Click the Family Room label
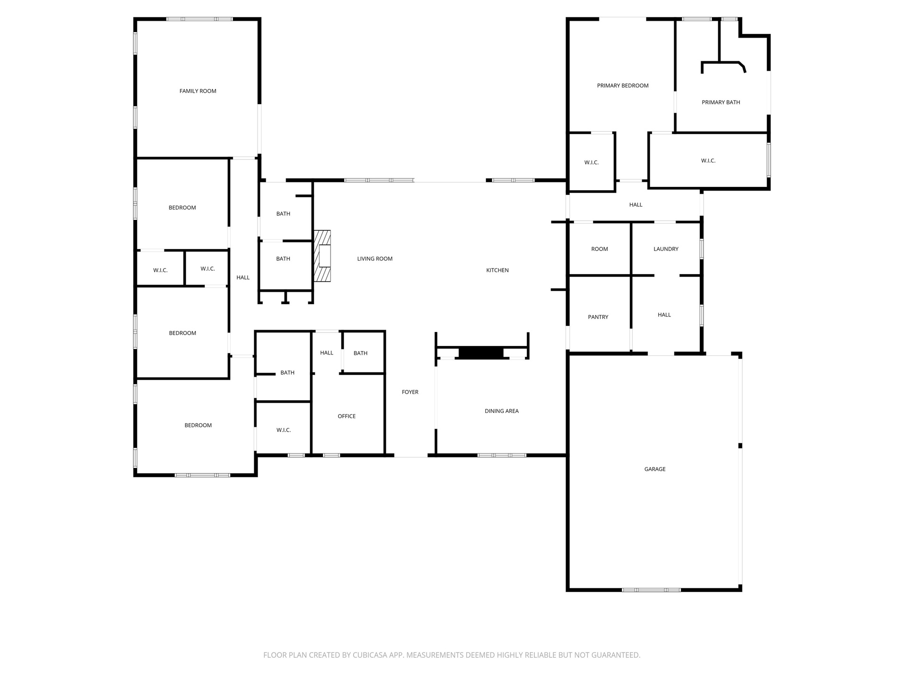click(x=198, y=91)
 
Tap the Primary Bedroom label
click(x=622, y=85)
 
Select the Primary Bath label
click(x=721, y=102)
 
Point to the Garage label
click(x=655, y=469)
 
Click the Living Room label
click(x=375, y=258)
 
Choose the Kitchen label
click(x=497, y=270)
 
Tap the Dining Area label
click(x=501, y=411)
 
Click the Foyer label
click(x=410, y=392)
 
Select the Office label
click(x=347, y=416)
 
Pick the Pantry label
click(x=598, y=317)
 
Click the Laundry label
click(x=666, y=249)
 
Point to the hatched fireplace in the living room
click(x=323, y=256)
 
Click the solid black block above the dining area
click(x=481, y=353)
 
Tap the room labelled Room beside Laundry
click(x=599, y=249)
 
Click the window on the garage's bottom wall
click(x=651, y=589)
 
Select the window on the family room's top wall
click(x=199, y=19)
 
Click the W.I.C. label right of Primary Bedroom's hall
click(x=708, y=161)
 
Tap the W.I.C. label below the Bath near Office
click(x=283, y=430)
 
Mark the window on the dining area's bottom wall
click(x=501, y=455)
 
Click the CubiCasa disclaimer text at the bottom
click(x=452, y=655)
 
